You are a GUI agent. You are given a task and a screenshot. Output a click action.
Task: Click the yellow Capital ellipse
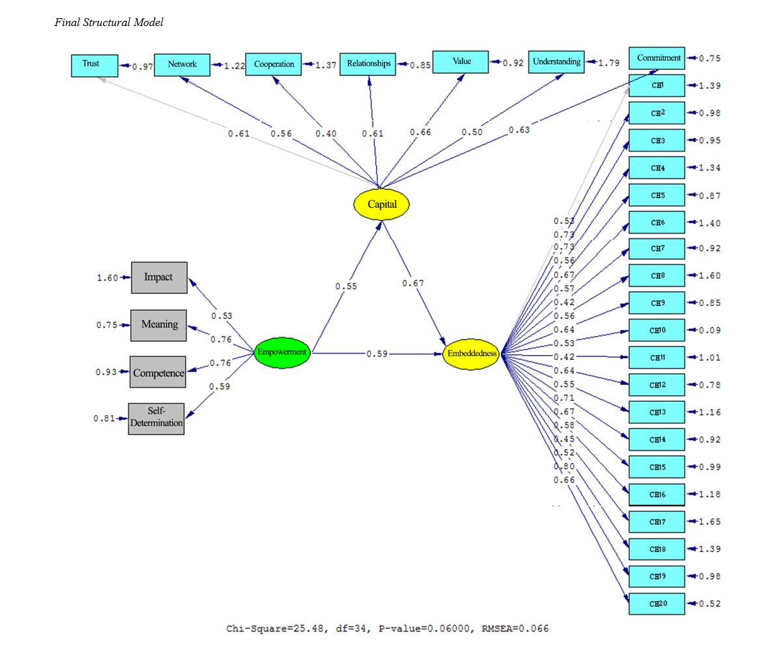[382, 204]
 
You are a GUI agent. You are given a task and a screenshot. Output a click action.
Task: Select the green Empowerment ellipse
[281, 352]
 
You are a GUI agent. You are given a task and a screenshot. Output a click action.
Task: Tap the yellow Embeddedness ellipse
[471, 354]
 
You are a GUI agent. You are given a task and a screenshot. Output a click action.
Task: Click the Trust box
[94, 65]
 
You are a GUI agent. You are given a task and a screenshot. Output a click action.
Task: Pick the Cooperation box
[274, 64]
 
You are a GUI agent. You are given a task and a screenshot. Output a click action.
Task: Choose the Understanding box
[556, 62]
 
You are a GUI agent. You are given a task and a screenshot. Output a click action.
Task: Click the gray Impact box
[159, 277]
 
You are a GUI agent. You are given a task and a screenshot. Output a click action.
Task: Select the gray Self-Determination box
[156, 419]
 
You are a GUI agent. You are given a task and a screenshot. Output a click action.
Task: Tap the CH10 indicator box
[657, 330]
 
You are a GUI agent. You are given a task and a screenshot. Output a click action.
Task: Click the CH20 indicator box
[657, 604]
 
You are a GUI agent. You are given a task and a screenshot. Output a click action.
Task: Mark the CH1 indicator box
[657, 85]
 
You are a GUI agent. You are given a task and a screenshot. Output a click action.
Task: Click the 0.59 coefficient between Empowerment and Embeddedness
[377, 354]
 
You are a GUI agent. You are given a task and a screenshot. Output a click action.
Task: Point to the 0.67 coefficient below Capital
[413, 283]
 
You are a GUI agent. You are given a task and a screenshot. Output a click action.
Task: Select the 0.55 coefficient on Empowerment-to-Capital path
[347, 286]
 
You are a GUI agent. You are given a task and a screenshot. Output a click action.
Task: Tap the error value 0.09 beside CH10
[709, 330]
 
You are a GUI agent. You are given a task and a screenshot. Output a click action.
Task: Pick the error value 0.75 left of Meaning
[107, 325]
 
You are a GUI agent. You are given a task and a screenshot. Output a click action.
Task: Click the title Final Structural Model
[109, 23]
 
